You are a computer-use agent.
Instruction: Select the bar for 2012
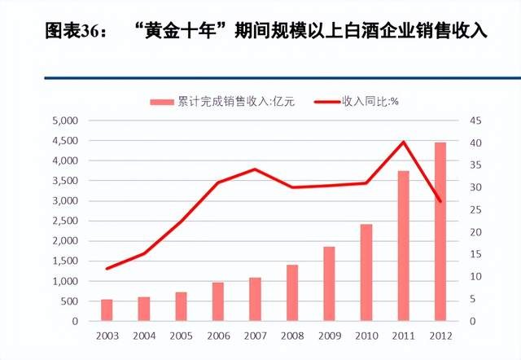[x=440, y=232]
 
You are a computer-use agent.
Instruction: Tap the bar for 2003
[x=107, y=310]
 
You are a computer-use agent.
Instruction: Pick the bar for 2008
[x=291, y=293]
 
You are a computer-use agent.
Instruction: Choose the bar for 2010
[x=366, y=273]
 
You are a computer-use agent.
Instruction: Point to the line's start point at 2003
[x=107, y=269]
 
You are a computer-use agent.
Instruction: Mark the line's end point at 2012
[x=440, y=201]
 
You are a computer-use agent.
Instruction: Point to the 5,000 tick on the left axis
[x=63, y=121]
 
